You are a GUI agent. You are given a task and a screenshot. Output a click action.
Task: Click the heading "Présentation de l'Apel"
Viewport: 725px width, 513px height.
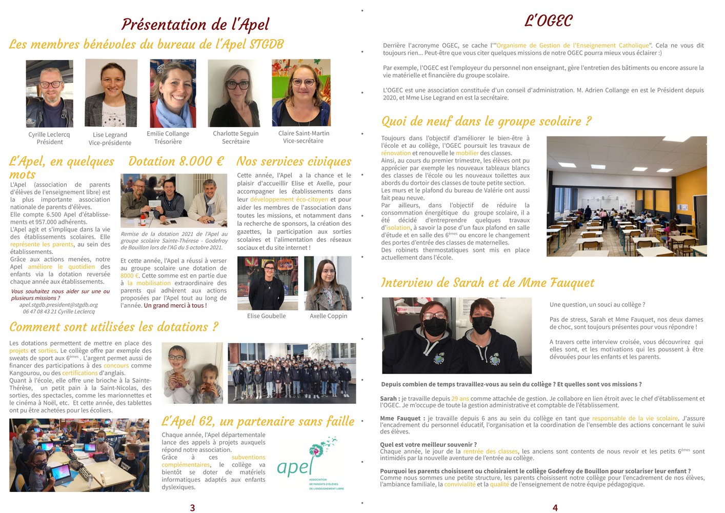(x=195, y=24)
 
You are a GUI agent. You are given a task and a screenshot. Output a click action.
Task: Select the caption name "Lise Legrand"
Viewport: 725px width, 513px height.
(x=110, y=135)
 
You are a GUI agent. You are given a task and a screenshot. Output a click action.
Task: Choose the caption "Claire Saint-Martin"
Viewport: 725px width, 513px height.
(x=304, y=133)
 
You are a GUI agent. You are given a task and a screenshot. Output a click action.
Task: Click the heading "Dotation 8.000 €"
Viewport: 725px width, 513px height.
(x=176, y=161)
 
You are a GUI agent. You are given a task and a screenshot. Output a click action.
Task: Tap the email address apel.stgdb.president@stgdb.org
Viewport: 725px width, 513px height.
(x=58, y=305)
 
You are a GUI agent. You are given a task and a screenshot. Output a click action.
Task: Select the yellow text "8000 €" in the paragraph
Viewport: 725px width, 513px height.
(x=130, y=275)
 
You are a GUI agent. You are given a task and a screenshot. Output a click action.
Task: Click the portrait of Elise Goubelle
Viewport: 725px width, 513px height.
(x=267, y=283)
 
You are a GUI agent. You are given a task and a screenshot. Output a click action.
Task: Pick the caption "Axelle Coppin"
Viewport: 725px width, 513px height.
(x=328, y=316)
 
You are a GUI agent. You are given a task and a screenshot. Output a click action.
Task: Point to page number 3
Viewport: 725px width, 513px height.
(x=192, y=507)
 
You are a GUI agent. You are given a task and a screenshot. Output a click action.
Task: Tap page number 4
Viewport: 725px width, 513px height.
(x=555, y=507)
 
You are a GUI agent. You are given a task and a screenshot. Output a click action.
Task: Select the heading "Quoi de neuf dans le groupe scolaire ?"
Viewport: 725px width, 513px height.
(x=486, y=121)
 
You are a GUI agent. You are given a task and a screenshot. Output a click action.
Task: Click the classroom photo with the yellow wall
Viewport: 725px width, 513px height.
(x=627, y=196)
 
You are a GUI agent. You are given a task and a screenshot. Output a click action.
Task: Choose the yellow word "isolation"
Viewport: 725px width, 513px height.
(x=398, y=228)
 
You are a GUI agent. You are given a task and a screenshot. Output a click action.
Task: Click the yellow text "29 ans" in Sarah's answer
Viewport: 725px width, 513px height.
(x=460, y=399)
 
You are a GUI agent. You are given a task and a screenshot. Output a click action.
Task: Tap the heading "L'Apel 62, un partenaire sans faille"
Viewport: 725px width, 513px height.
(x=258, y=421)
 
